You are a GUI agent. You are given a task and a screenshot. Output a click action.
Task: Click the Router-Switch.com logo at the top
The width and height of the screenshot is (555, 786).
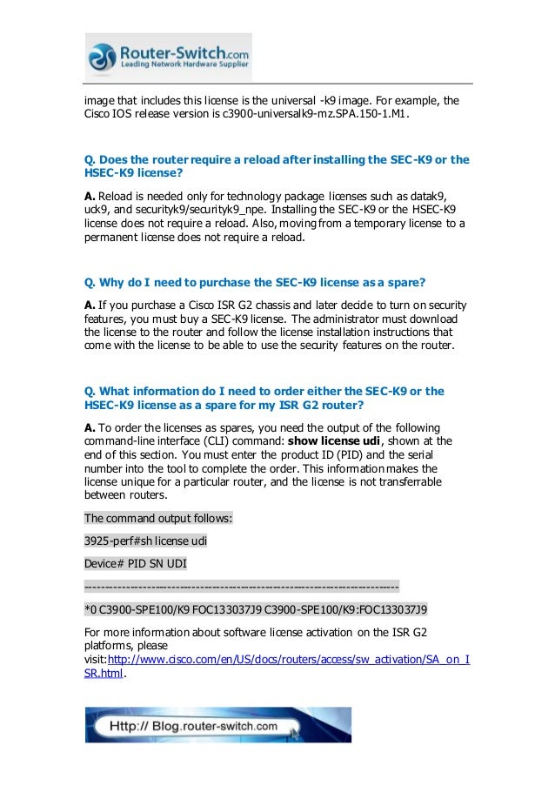(x=168, y=57)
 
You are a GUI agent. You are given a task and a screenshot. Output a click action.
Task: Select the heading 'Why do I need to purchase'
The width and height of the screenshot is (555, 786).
(x=251, y=284)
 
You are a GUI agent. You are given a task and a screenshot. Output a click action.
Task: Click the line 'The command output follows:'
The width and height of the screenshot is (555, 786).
(x=157, y=519)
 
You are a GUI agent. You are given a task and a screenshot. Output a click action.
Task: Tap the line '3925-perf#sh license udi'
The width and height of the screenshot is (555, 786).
(x=145, y=541)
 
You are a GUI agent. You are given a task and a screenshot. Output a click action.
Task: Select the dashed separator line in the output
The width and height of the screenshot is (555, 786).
(x=241, y=586)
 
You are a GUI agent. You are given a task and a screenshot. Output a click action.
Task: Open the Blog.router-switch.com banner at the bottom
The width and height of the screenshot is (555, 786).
(x=217, y=725)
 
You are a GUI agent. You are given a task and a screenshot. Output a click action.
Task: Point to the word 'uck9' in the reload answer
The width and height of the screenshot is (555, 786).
(x=97, y=209)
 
